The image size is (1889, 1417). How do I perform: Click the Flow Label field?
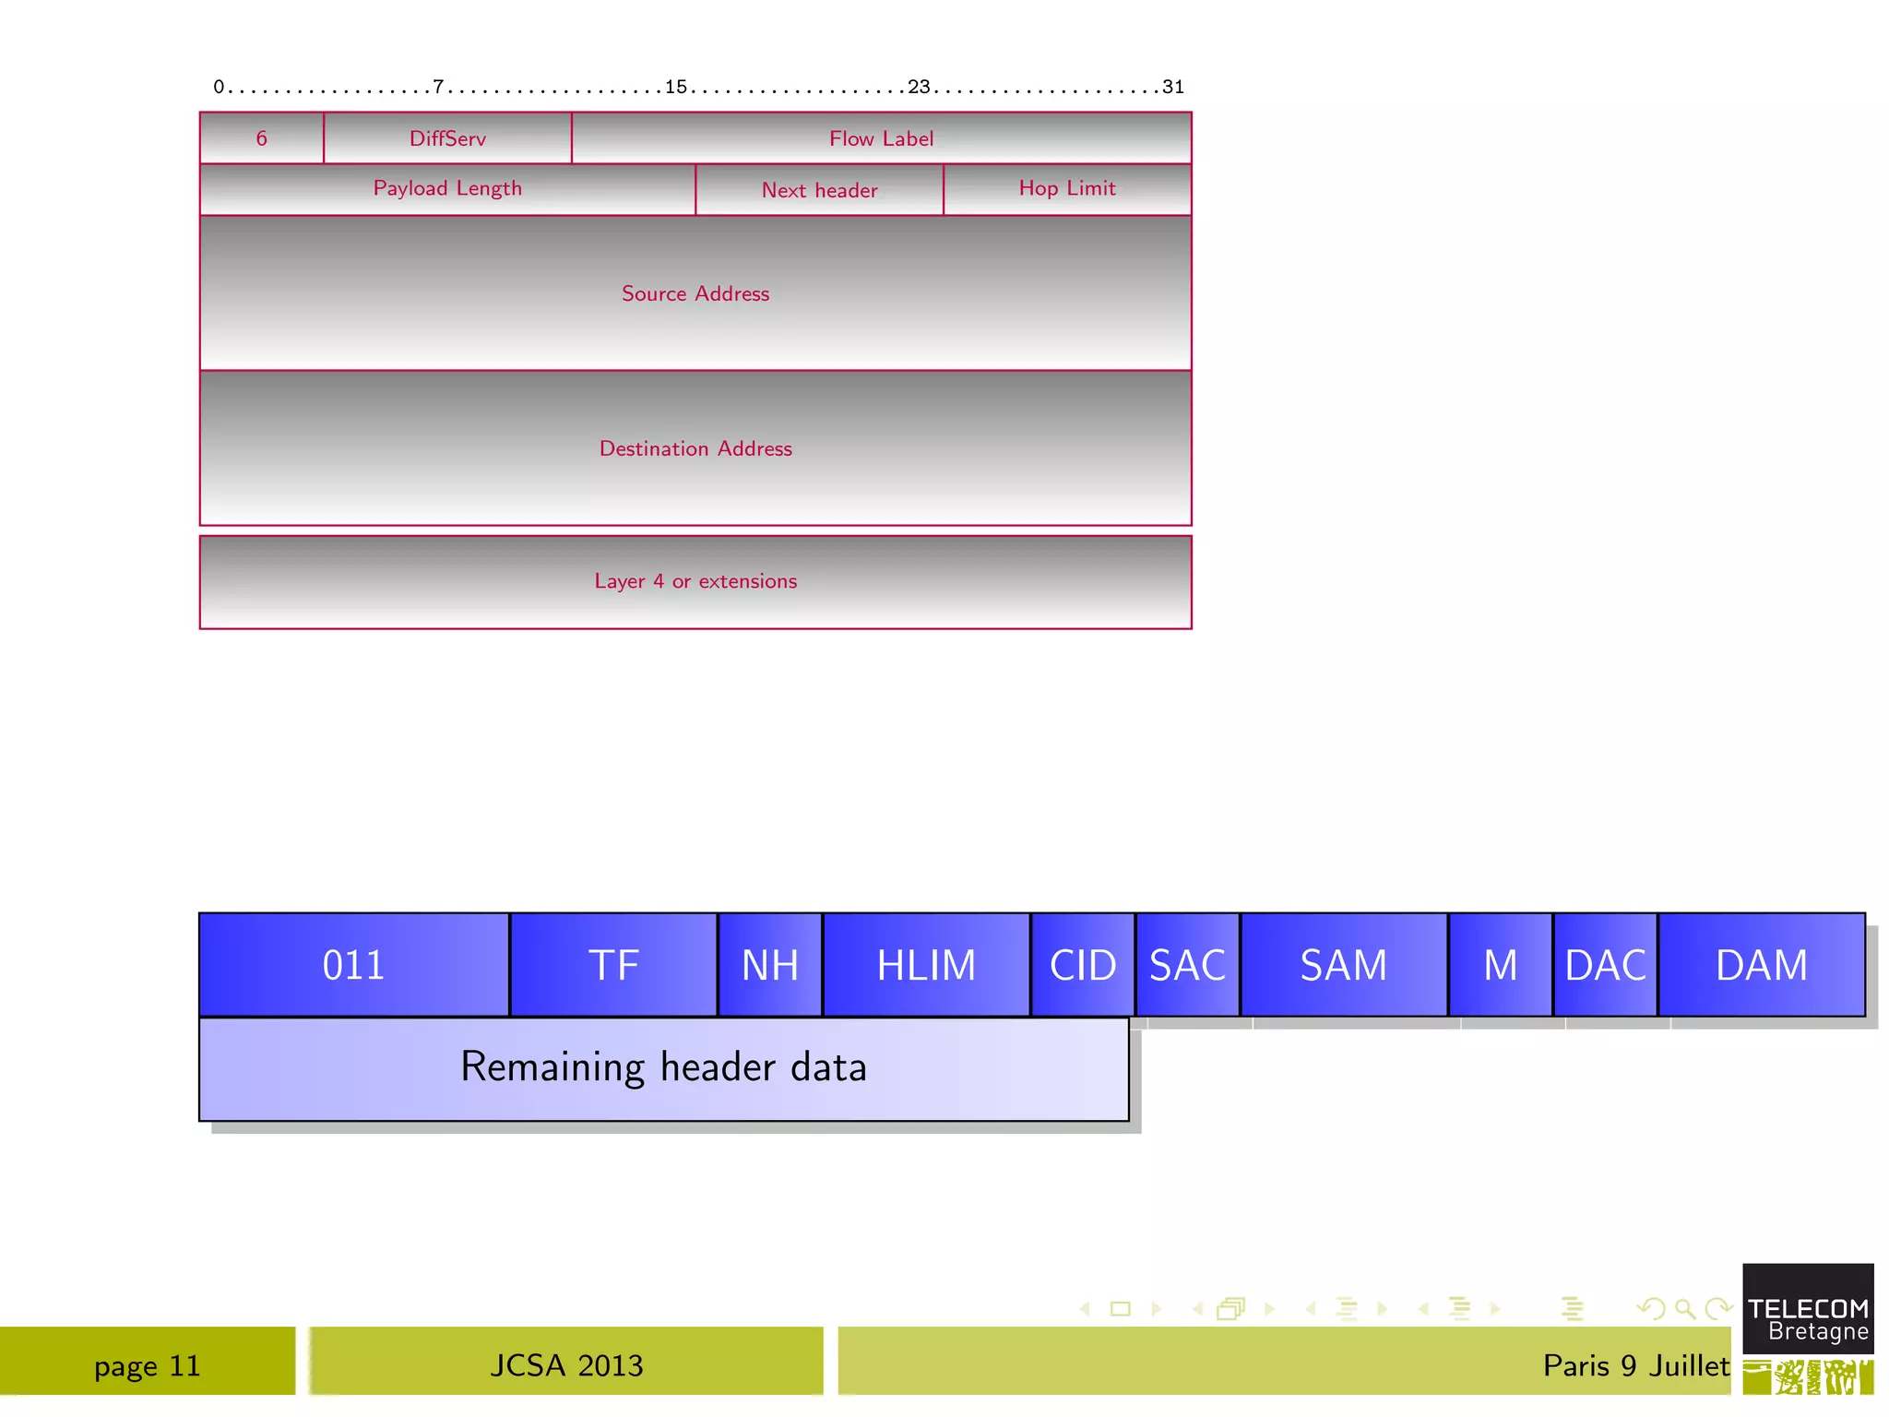pyautogui.click(x=881, y=138)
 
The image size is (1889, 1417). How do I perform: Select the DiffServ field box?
pyautogui.click(x=447, y=138)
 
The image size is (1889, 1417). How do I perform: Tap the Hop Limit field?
pyautogui.click(x=1067, y=189)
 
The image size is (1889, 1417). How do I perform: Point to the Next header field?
pyautogui.click(x=819, y=190)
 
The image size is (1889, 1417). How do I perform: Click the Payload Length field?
pyautogui.click(x=447, y=189)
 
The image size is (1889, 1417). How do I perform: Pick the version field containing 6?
pyautogui.click(x=262, y=138)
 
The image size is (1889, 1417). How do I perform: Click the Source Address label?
pyautogui.click(x=695, y=293)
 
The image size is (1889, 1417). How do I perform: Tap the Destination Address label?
pyautogui.click(x=695, y=448)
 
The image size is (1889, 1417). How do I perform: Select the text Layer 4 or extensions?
pyautogui.click(x=695, y=581)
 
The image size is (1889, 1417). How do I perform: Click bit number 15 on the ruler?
pyautogui.click(x=676, y=87)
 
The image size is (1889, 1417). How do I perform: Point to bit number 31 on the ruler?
pyautogui.click(x=1172, y=87)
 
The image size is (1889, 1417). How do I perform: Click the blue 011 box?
pyautogui.click(x=353, y=965)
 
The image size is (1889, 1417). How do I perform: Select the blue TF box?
pyautogui.click(x=613, y=965)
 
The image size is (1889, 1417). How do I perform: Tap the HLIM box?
pyautogui.click(x=926, y=965)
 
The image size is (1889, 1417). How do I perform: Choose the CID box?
pyautogui.click(x=1083, y=965)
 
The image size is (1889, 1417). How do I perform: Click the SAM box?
pyautogui.click(x=1343, y=965)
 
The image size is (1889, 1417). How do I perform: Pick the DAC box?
pyautogui.click(x=1605, y=965)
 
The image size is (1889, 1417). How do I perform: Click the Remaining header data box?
pyautogui.click(x=663, y=1068)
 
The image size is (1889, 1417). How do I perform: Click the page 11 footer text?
pyautogui.click(x=148, y=1365)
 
